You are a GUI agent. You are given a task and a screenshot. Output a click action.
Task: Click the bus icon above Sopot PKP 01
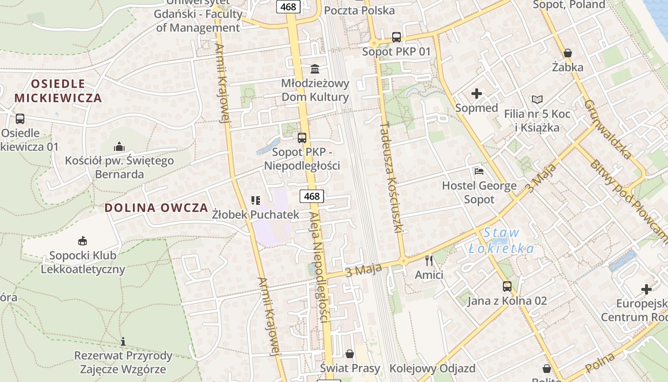click(x=396, y=37)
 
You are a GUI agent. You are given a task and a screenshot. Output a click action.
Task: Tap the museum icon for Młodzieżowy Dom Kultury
click(x=315, y=69)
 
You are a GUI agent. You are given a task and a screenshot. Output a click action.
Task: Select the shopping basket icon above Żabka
click(x=567, y=53)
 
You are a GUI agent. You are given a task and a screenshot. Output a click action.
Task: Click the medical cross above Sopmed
click(x=476, y=94)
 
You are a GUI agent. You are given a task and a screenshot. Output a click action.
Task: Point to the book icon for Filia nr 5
click(x=537, y=100)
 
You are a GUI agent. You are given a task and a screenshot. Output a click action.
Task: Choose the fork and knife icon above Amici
click(x=429, y=260)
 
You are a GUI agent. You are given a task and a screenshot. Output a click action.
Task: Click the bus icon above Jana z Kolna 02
click(x=507, y=286)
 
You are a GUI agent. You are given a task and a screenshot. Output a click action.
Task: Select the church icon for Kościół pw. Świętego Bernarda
click(x=119, y=147)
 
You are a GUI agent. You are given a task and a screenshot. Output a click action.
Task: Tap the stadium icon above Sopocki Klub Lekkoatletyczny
click(x=83, y=241)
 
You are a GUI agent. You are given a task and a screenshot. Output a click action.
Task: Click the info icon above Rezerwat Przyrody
click(x=123, y=341)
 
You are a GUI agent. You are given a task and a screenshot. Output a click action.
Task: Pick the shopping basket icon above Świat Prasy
click(x=350, y=354)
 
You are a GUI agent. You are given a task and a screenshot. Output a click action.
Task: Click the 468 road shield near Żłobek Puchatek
click(x=312, y=196)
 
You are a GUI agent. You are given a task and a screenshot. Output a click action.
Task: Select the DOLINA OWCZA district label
click(x=157, y=208)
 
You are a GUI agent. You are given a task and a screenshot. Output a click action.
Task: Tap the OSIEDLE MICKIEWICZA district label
click(x=58, y=91)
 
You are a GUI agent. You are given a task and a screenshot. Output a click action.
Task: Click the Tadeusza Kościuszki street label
click(x=392, y=177)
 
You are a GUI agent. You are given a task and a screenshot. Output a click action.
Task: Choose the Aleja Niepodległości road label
click(x=320, y=267)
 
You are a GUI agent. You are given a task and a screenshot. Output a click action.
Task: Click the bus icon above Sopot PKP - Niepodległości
click(x=302, y=138)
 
